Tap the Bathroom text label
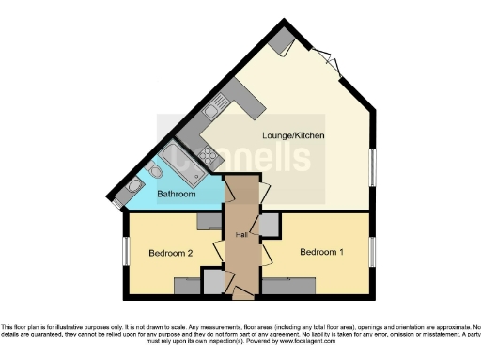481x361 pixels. (176, 195)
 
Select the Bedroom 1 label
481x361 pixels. (320, 252)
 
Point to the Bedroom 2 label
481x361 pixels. (170, 253)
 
